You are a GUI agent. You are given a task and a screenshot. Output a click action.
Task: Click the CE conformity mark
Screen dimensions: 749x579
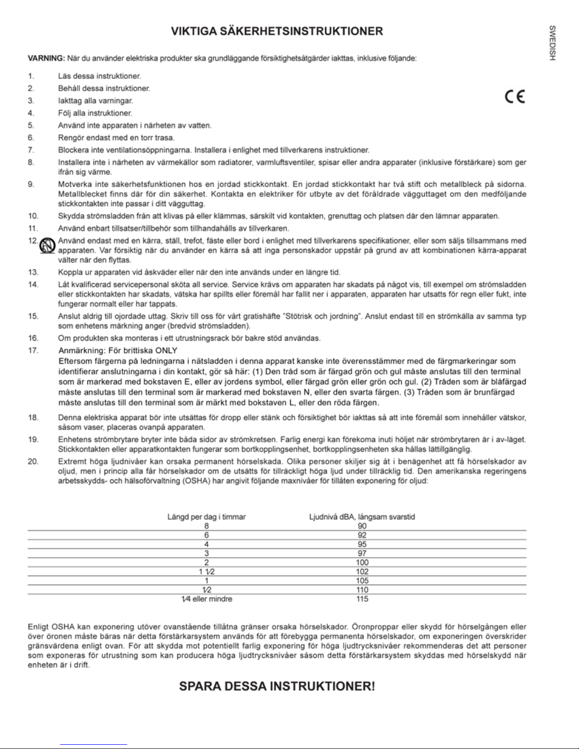click(515, 96)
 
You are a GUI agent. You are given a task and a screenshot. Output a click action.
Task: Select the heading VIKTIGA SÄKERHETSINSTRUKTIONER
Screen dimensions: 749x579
click(277, 32)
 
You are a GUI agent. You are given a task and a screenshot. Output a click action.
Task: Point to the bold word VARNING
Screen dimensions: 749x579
click(45, 59)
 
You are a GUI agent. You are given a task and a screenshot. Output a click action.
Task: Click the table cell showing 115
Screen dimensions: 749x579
click(362, 599)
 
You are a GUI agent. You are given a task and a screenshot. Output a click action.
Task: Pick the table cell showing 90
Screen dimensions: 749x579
click(362, 525)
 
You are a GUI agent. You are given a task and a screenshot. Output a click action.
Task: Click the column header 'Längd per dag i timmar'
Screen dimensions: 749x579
click(207, 517)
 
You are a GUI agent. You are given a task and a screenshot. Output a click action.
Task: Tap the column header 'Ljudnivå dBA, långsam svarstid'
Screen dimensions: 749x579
click(362, 517)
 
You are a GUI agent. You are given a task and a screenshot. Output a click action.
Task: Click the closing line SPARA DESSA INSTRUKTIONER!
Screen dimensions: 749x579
click(277, 686)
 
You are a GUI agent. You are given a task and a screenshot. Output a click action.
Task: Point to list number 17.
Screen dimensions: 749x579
click(33, 351)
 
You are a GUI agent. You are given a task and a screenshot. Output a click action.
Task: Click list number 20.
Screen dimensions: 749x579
click(33, 461)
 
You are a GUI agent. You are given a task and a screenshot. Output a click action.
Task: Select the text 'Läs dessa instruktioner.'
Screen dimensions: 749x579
click(99, 76)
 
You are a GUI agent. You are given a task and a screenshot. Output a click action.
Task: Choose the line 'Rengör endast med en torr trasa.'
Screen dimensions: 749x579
click(116, 138)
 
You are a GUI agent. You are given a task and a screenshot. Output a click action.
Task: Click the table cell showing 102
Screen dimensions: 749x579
click(362, 571)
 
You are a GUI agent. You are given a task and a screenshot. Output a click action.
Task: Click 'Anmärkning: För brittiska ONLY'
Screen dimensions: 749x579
click(118, 351)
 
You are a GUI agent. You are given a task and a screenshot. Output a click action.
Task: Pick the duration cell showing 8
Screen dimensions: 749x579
click(207, 525)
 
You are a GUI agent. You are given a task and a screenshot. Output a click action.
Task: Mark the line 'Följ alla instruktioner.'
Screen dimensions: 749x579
click(95, 113)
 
